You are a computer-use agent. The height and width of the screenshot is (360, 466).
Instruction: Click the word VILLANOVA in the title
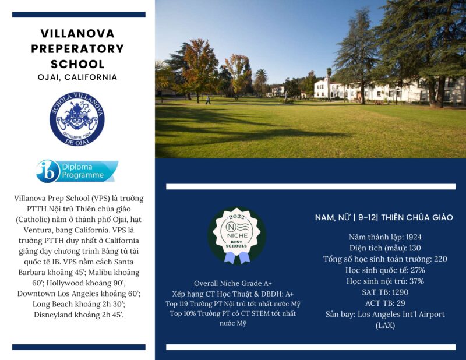[x=77, y=33]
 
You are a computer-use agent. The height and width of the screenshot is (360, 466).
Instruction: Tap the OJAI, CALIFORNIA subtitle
[x=77, y=77]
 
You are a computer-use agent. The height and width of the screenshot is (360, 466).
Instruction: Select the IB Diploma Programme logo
[x=77, y=171]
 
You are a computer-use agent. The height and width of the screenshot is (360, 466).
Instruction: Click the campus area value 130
[x=415, y=248]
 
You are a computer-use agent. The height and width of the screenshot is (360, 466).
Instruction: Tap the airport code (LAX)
[x=384, y=325]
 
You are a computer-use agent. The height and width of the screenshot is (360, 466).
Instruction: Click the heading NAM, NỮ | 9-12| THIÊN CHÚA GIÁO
[x=384, y=217]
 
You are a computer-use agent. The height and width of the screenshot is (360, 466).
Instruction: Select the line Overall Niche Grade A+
[x=233, y=283]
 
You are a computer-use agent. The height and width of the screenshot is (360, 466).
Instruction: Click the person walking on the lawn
[x=208, y=100]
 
